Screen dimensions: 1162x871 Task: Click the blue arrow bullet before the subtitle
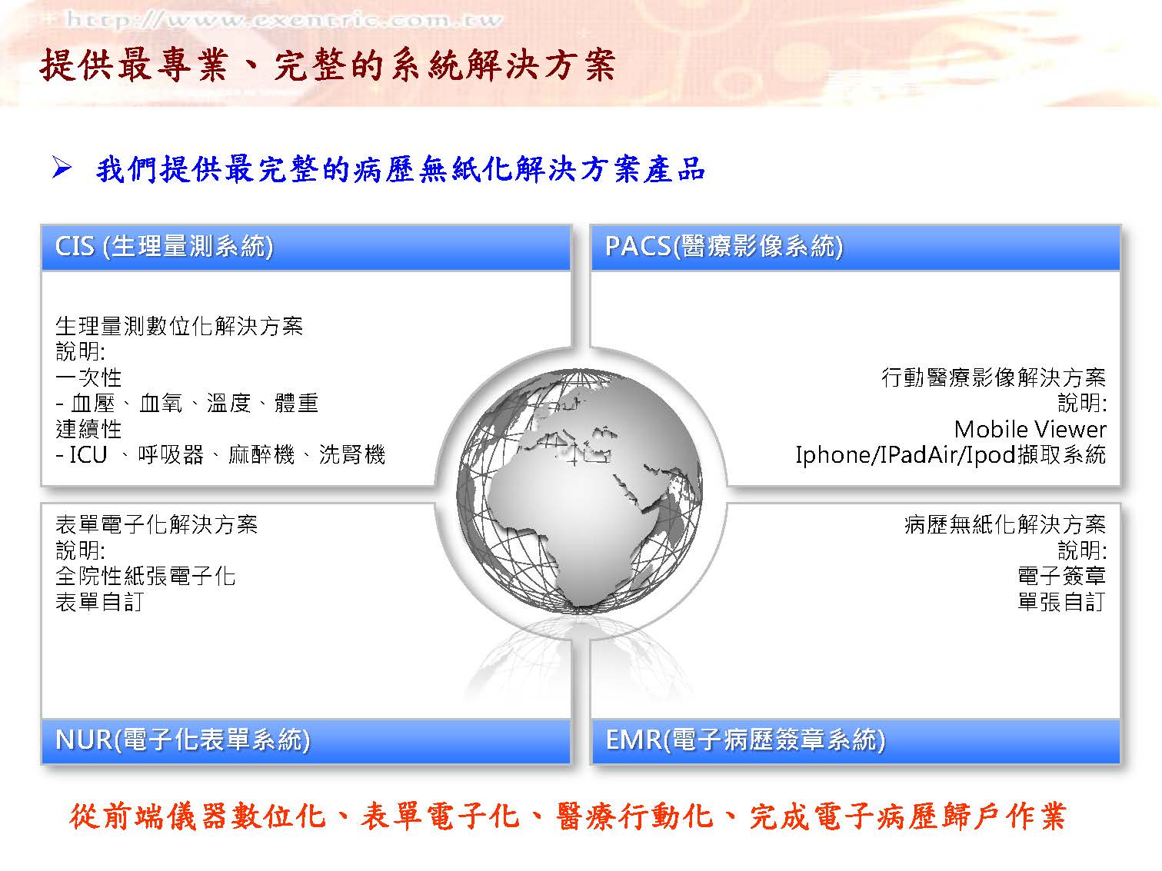coord(62,168)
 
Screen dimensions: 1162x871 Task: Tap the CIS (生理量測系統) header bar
coord(306,247)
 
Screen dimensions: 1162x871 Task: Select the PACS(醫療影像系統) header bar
coord(855,247)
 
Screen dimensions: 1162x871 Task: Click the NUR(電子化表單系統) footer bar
coord(306,741)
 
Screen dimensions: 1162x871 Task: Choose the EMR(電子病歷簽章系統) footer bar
coord(855,741)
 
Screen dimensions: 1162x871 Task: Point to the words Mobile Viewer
coord(1030,429)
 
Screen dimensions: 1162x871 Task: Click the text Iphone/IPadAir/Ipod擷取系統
coord(951,455)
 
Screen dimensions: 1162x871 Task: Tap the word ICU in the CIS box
coord(88,455)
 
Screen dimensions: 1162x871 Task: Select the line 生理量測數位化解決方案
coord(179,326)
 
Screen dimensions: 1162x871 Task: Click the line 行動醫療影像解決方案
coord(994,377)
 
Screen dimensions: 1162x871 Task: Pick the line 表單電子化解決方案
coord(156,524)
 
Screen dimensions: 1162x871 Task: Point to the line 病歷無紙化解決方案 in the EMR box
coord(1005,524)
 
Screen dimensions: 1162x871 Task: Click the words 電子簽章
coord(1061,576)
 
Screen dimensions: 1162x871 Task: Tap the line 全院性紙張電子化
coord(145,576)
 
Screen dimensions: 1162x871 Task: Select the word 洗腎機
coord(352,455)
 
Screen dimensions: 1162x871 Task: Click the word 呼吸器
coord(171,455)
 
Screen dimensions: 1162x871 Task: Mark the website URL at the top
coord(283,20)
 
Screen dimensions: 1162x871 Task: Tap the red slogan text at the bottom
coord(567,816)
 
